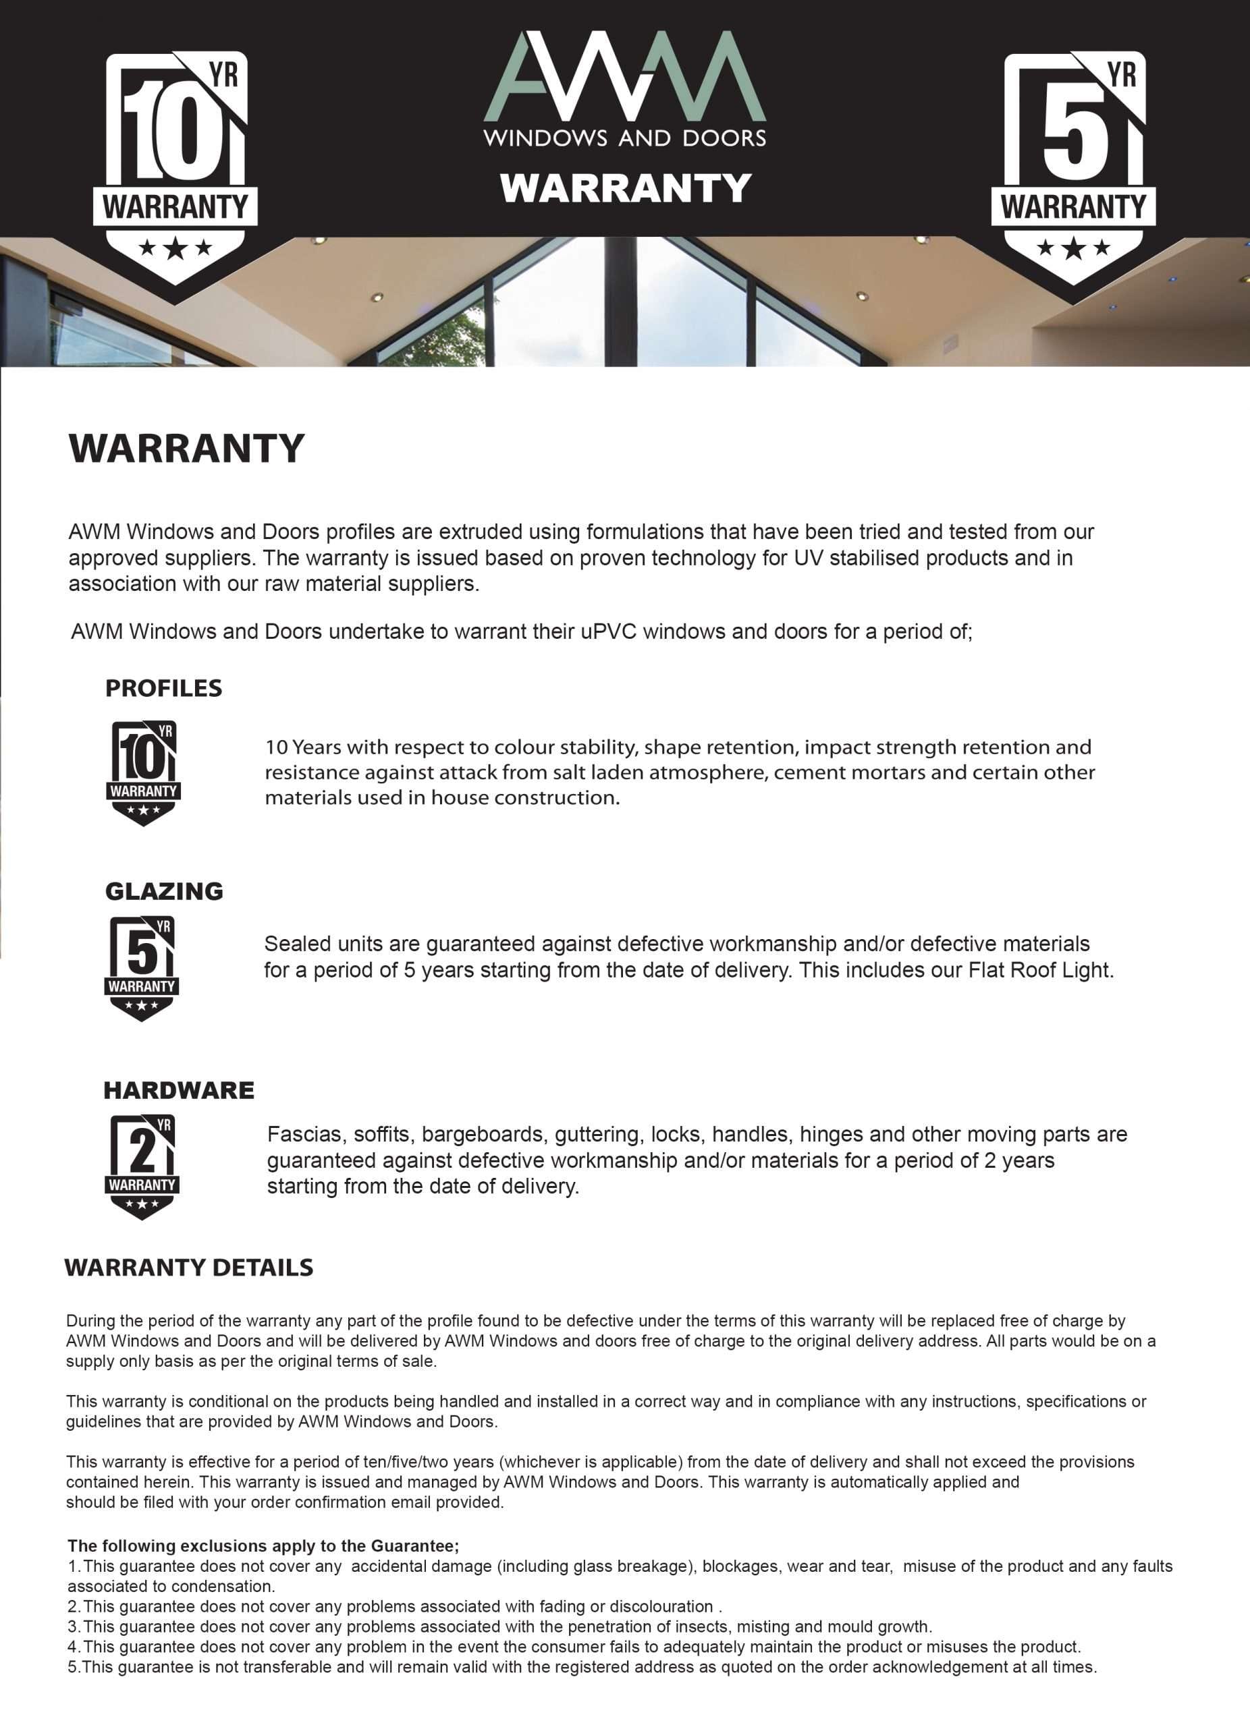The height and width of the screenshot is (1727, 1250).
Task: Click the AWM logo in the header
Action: pos(624,76)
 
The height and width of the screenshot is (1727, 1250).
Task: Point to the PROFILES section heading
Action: pos(164,688)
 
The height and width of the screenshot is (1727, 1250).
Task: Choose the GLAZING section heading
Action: pos(164,891)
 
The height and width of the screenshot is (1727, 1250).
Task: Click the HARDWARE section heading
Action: pos(179,1090)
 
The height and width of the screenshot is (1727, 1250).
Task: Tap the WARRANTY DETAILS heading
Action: pos(189,1268)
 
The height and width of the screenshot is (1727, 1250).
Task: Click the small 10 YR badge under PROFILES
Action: pos(143,773)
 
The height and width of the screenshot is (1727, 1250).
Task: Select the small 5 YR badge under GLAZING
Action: pos(142,968)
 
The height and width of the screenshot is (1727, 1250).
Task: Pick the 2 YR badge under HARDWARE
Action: pos(142,1166)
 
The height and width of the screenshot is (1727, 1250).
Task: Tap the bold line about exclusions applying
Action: pos(263,1546)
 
